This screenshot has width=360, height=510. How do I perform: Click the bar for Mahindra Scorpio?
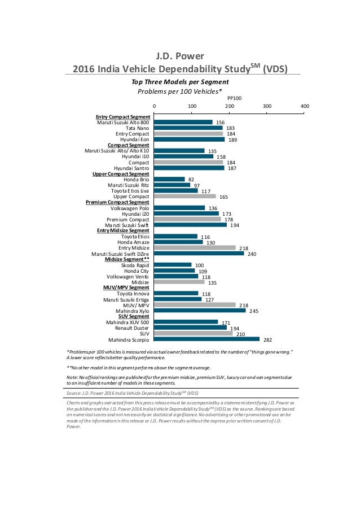pyautogui.click(x=207, y=339)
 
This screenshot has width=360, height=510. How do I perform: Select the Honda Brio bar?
pyautogui.click(x=170, y=179)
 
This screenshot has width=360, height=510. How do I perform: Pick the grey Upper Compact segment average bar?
pyautogui.click(x=185, y=196)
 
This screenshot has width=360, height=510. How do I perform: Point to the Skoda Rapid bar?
pyautogui.click(x=173, y=265)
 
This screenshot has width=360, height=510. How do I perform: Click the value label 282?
pyautogui.click(x=268, y=339)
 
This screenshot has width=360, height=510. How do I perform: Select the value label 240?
pyautogui.click(x=252, y=254)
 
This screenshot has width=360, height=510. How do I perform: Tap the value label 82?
pyautogui.click(x=191, y=179)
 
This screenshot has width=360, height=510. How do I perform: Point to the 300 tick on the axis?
pyautogui.click(x=267, y=106)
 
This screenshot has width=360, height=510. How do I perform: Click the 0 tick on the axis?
pyautogui.click(x=155, y=106)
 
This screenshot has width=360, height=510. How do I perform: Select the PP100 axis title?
pyautogui.click(x=234, y=98)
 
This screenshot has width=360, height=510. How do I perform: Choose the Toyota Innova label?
pyautogui.click(x=133, y=294)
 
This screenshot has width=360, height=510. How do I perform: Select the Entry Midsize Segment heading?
pyautogui.click(x=123, y=230)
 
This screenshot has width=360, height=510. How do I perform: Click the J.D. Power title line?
pyautogui.click(x=179, y=56)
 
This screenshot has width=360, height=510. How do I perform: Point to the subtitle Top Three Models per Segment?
pyautogui.click(x=179, y=81)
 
